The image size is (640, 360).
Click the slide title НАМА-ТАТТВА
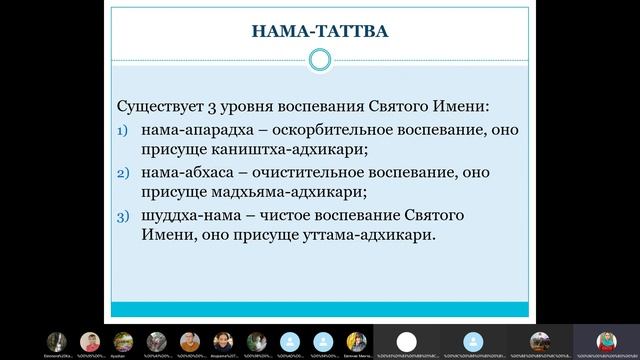[320, 33]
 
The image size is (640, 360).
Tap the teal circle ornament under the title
[320, 61]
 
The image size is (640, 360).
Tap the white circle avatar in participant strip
[406, 341]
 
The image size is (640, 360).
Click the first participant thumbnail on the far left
[59, 341]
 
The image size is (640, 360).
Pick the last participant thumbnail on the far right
[605, 341]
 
